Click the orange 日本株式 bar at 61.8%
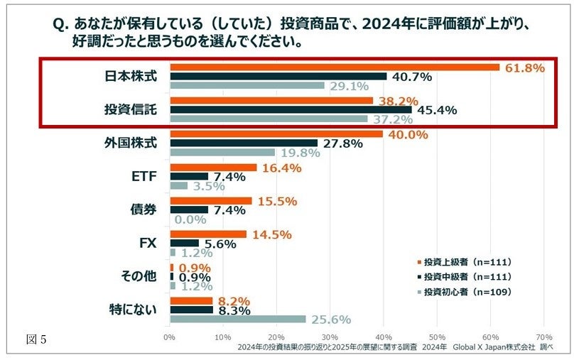334,67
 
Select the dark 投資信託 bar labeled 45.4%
291,109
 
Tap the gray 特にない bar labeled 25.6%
237,320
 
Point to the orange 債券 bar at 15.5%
210,201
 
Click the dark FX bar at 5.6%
184,243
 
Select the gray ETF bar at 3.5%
178,185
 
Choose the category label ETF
144,177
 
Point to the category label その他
139,276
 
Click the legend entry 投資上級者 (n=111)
466,261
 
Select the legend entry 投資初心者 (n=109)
466,291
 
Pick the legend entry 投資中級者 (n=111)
466,276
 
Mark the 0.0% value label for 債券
190,219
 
